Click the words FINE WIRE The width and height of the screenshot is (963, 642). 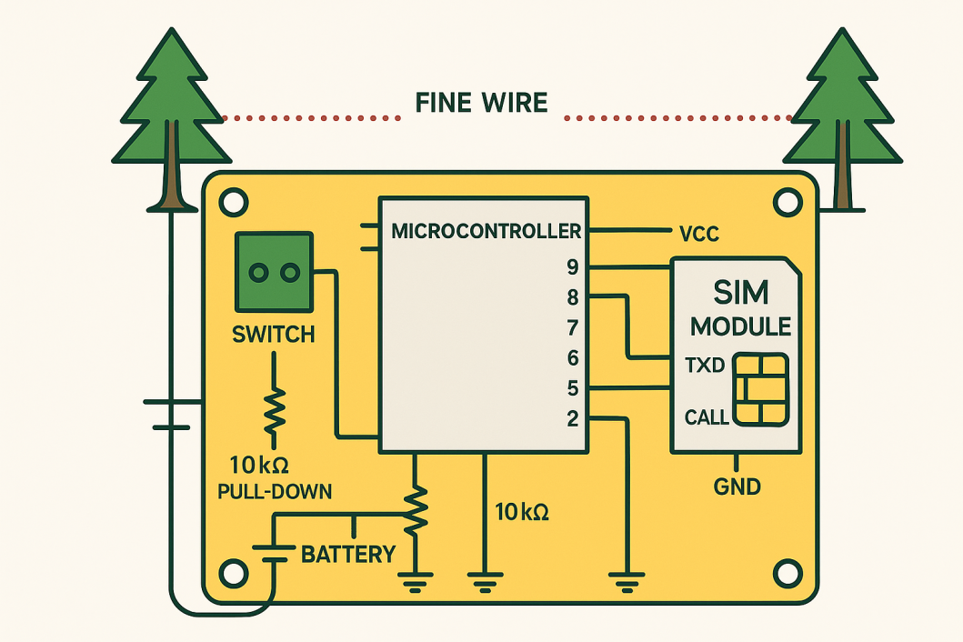[481, 102]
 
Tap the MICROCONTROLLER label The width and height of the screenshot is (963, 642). [486, 230]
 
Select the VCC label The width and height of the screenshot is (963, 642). [699, 234]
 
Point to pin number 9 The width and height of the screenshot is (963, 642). [572, 267]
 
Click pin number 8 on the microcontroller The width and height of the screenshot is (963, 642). [572, 297]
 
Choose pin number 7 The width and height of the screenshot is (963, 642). [572, 327]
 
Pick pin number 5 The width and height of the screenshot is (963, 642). [572, 388]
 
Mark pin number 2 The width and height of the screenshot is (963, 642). [572, 419]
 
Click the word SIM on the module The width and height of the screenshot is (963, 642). [740, 293]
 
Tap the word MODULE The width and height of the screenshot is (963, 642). [740, 326]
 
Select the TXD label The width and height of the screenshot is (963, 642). [704, 366]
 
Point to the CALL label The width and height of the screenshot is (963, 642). [707, 417]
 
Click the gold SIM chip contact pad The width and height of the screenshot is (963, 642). [760, 388]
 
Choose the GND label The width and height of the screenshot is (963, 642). [737, 487]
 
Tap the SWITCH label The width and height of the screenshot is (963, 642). [274, 335]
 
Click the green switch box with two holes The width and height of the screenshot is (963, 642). [274, 271]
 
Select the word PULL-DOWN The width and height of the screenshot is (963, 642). [275, 492]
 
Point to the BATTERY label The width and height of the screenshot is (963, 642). [348, 554]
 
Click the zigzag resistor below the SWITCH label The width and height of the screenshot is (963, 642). [274, 410]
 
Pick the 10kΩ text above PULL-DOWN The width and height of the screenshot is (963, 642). [259, 466]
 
